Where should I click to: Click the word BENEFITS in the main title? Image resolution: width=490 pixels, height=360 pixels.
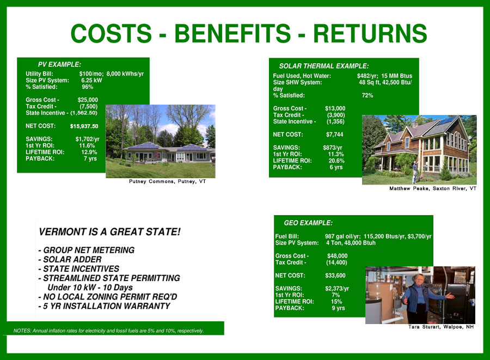click(x=232, y=33)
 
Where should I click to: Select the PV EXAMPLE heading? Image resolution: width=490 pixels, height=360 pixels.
click(x=59, y=64)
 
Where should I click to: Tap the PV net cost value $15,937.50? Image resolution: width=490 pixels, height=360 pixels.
click(x=84, y=126)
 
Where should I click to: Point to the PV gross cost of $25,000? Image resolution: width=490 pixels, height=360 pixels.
click(x=88, y=100)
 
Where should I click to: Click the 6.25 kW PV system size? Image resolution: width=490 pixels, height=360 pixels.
click(x=91, y=80)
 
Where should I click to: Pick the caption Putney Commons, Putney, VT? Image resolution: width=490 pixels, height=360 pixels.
click(x=168, y=181)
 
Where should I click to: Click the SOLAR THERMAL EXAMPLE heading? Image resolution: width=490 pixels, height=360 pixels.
click(x=324, y=66)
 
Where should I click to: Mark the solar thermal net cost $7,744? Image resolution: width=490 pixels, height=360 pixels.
click(x=335, y=135)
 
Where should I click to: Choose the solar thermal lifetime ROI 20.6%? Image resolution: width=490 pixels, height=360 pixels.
click(x=336, y=161)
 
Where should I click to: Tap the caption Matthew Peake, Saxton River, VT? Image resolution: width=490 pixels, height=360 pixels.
click(x=433, y=188)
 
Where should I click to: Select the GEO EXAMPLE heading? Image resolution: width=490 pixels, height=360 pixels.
click(x=308, y=223)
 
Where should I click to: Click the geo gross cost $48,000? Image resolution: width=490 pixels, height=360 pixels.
click(x=337, y=255)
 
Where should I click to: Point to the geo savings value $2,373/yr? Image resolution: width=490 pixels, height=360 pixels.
click(x=337, y=289)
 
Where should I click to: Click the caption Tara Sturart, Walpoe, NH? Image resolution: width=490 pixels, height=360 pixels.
click(x=441, y=327)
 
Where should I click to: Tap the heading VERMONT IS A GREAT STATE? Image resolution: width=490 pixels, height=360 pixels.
click(x=109, y=232)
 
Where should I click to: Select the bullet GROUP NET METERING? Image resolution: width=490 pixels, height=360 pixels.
click(x=87, y=250)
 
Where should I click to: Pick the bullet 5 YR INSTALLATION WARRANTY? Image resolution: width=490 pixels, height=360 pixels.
click(x=105, y=306)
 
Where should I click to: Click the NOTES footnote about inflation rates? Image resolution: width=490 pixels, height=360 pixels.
click(x=108, y=331)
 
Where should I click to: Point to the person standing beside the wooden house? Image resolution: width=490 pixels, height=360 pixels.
click(x=415, y=172)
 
